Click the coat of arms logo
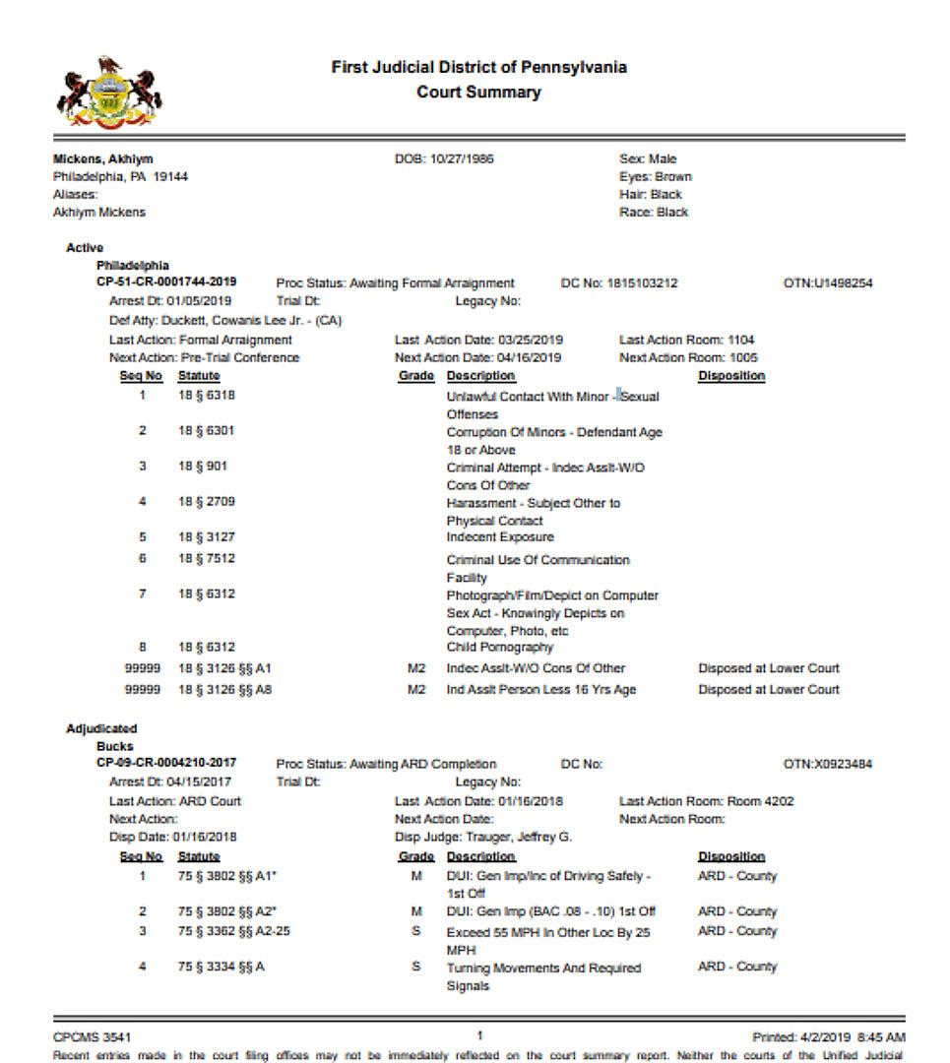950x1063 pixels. [108, 95]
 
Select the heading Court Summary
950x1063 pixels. [478, 93]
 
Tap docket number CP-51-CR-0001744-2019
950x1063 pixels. [166, 282]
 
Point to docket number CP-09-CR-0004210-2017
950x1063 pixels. [166, 764]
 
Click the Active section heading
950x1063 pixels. [85, 248]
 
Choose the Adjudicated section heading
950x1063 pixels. [101, 729]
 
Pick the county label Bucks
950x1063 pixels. [114, 747]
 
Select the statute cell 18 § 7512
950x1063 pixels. [207, 559]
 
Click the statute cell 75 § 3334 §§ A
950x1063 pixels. [221, 968]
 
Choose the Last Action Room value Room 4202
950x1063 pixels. [760, 801]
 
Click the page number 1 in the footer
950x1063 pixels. [479, 1035]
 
